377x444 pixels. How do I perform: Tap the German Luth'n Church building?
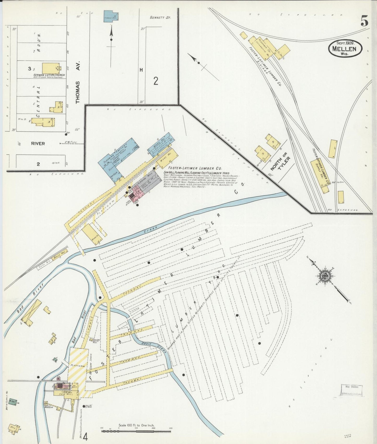tap(51, 68)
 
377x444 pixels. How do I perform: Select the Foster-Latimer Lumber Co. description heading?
tap(195, 168)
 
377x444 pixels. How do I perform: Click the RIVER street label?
tap(38, 143)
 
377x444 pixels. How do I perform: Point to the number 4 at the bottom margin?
tap(85, 436)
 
